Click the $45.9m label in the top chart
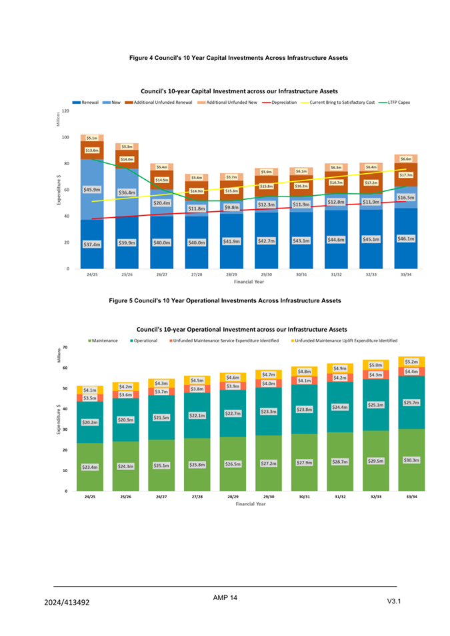click(92, 190)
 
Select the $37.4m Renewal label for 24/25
click(91, 244)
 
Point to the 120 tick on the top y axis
click(65, 111)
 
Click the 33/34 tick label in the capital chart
click(406, 274)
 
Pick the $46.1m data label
click(406, 238)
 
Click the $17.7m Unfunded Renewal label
click(406, 174)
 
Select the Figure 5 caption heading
click(225, 300)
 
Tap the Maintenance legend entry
click(105, 340)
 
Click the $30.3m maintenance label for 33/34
click(411, 460)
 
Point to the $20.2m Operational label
click(90, 422)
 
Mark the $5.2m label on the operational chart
click(411, 361)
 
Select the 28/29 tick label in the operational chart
click(232, 497)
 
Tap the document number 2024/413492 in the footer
click(67, 603)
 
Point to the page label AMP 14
click(225, 598)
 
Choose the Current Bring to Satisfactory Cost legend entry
click(342, 103)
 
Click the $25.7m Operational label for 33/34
click(411, 402)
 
